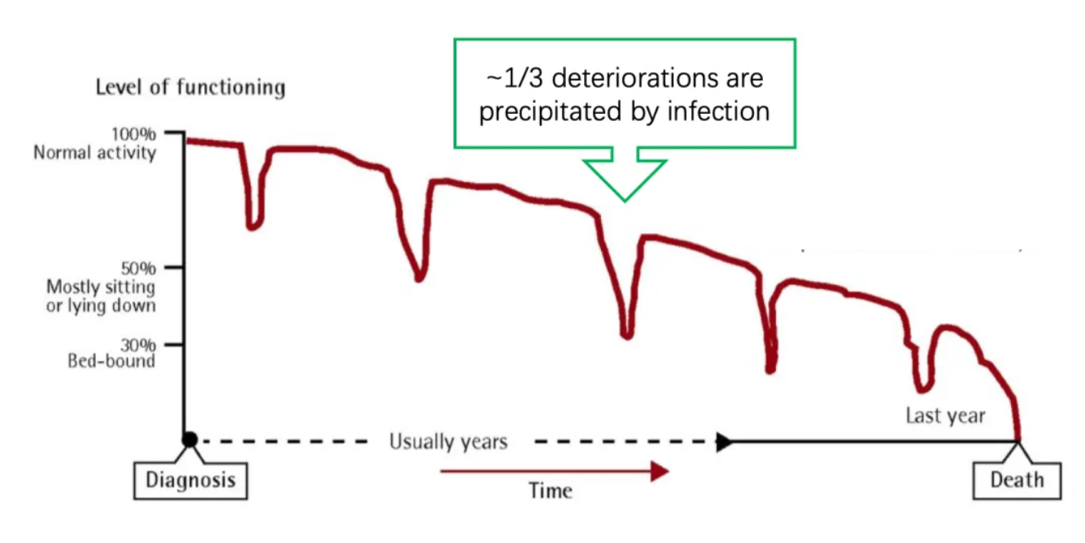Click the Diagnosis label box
tap(190, 480)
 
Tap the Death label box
tap(1017, 480)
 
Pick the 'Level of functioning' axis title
tap(190, 87)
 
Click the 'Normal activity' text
tap(94, 153)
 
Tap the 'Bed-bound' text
tap(111, 360)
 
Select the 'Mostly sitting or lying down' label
tap(101, 296)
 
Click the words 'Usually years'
tap(448, 442)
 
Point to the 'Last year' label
tap(945, 416)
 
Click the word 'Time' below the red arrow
tap(551, 490)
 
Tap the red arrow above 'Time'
tap(553, 471)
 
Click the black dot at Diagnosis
tap(190, 440)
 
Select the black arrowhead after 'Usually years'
tap(723, 442)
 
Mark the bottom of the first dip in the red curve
tap(254, 226)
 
